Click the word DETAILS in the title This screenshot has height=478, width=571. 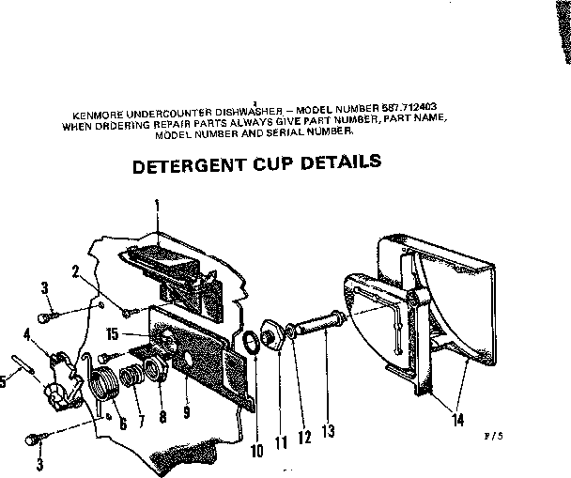pyautogui.click(x=345, y=162)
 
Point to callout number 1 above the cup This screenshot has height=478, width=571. pyautogui.click(x=157, y=204)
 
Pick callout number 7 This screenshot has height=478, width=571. pyautogui.click(x=141, y=420)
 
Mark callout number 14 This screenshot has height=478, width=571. pyautogui.click(x=456, y=420)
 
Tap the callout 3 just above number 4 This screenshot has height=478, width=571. pyautogui.click(x=44, y=286)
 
